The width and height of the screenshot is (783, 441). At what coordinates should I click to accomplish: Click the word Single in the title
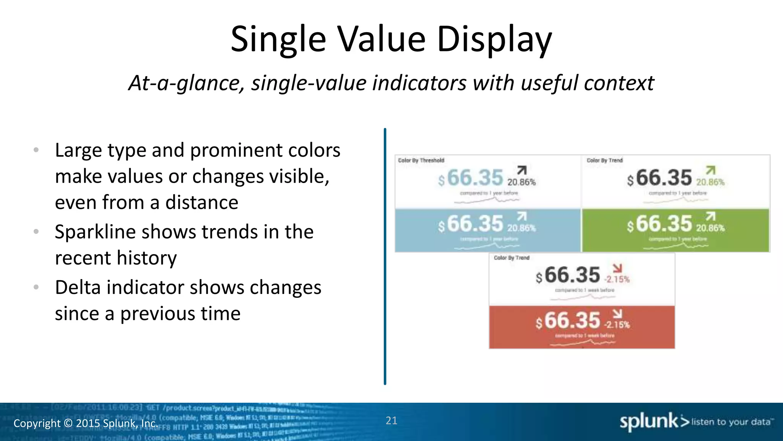tap(278, 39)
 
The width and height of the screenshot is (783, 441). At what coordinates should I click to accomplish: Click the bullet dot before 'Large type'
tap(36, 150)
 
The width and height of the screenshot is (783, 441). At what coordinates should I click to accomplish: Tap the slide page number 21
tap(391, 421)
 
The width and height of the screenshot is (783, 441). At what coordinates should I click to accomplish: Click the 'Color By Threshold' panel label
tap(421, 160)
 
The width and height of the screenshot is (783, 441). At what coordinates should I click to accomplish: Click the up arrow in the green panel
tap(710, 216)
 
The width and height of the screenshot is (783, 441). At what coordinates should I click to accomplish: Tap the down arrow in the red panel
tap(617, 314)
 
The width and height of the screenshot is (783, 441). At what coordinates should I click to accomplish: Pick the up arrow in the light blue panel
tap(522, 216)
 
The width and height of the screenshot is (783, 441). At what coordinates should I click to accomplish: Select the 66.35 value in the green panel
tap(664, 224)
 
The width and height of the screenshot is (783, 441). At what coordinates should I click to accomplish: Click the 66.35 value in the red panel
tap(572, 321)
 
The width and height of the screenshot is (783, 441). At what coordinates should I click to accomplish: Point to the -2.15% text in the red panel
tap(617, 325)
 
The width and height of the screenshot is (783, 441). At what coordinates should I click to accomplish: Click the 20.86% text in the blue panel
tap(521, 228)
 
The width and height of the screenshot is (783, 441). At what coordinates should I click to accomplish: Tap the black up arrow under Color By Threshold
tap(522, 170)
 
